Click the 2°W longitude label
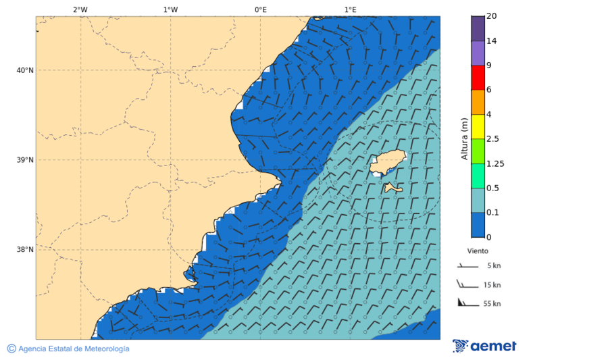coord(80,9)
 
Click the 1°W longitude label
coord(170,9)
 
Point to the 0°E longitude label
coord(260,9)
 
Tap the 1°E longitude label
coord(351,9)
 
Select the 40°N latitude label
coord(25,70)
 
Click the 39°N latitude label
coord(25,160)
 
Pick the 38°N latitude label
coord(25,250)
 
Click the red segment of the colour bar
coord(478,78)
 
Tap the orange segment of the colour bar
coord(478,102)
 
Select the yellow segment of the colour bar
coord(478,126)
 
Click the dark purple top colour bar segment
coord(478,28)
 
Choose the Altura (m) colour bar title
coord(464,139)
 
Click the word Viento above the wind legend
coord(478,251)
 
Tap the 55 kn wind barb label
coord(492,304)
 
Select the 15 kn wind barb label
coord(492,285)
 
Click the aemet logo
coord(484,346)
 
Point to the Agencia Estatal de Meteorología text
coord(73,349)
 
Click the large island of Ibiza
coord(387,163)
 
